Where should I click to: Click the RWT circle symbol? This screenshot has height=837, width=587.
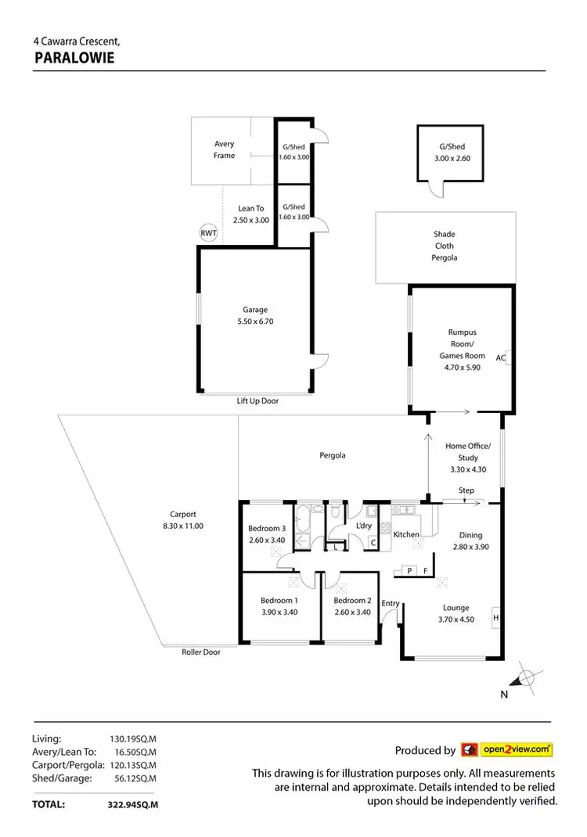208,233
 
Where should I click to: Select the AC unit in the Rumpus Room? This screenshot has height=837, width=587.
509,357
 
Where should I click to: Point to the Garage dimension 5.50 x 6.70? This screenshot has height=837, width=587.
255,322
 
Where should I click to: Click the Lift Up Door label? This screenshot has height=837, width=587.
257,401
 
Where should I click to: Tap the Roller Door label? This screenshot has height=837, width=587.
201,652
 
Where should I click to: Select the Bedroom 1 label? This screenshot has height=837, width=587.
279,601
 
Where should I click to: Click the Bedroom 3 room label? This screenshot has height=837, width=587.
266,528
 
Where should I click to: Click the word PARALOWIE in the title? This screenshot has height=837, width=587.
75,57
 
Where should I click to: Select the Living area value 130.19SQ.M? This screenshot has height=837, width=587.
132,738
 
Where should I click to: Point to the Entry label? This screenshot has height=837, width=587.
391,603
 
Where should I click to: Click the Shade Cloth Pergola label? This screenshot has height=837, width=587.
445,246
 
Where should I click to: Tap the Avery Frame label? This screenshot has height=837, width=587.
225,149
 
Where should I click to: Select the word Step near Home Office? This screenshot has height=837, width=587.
466,490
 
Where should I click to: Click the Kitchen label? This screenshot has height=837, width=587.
406,534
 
